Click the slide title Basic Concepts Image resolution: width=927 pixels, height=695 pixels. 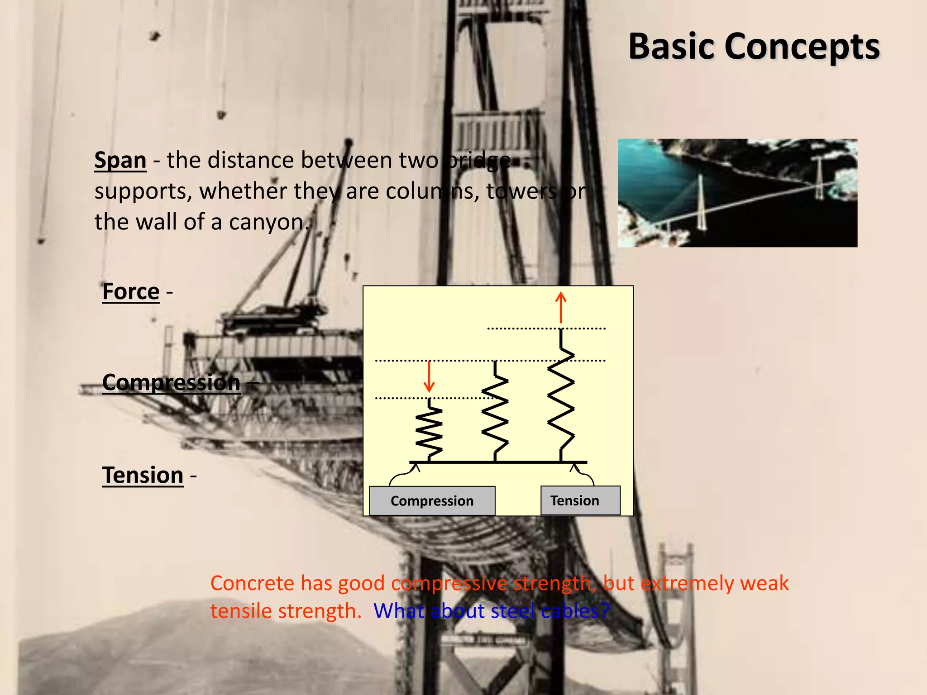click(x=754, y=46)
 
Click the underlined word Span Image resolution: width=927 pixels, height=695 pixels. click(x=120, y=160)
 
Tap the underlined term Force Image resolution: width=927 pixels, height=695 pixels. click(x=131, y=291)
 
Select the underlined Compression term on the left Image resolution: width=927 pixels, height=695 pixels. click(x=171, y=383)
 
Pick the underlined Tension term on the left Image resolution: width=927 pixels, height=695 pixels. click(x=143, y=475)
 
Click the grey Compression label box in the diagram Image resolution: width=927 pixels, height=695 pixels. click(x=432, y=500)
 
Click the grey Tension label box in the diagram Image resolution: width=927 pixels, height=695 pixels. click(x=580, y=500)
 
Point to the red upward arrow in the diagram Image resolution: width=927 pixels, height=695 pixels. click(x=561, y=307)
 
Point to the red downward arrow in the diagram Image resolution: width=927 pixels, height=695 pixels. click(x=429, y=376)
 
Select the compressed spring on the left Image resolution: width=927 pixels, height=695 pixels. click(x=429, y=432)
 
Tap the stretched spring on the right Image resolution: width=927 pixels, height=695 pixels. click(x=561, y=398)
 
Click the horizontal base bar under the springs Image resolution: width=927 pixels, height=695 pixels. click(x=498, y=462)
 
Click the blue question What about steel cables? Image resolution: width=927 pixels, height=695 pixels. click(x=491, y=611)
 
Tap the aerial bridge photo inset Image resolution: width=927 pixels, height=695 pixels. click(x=737, y=193)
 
